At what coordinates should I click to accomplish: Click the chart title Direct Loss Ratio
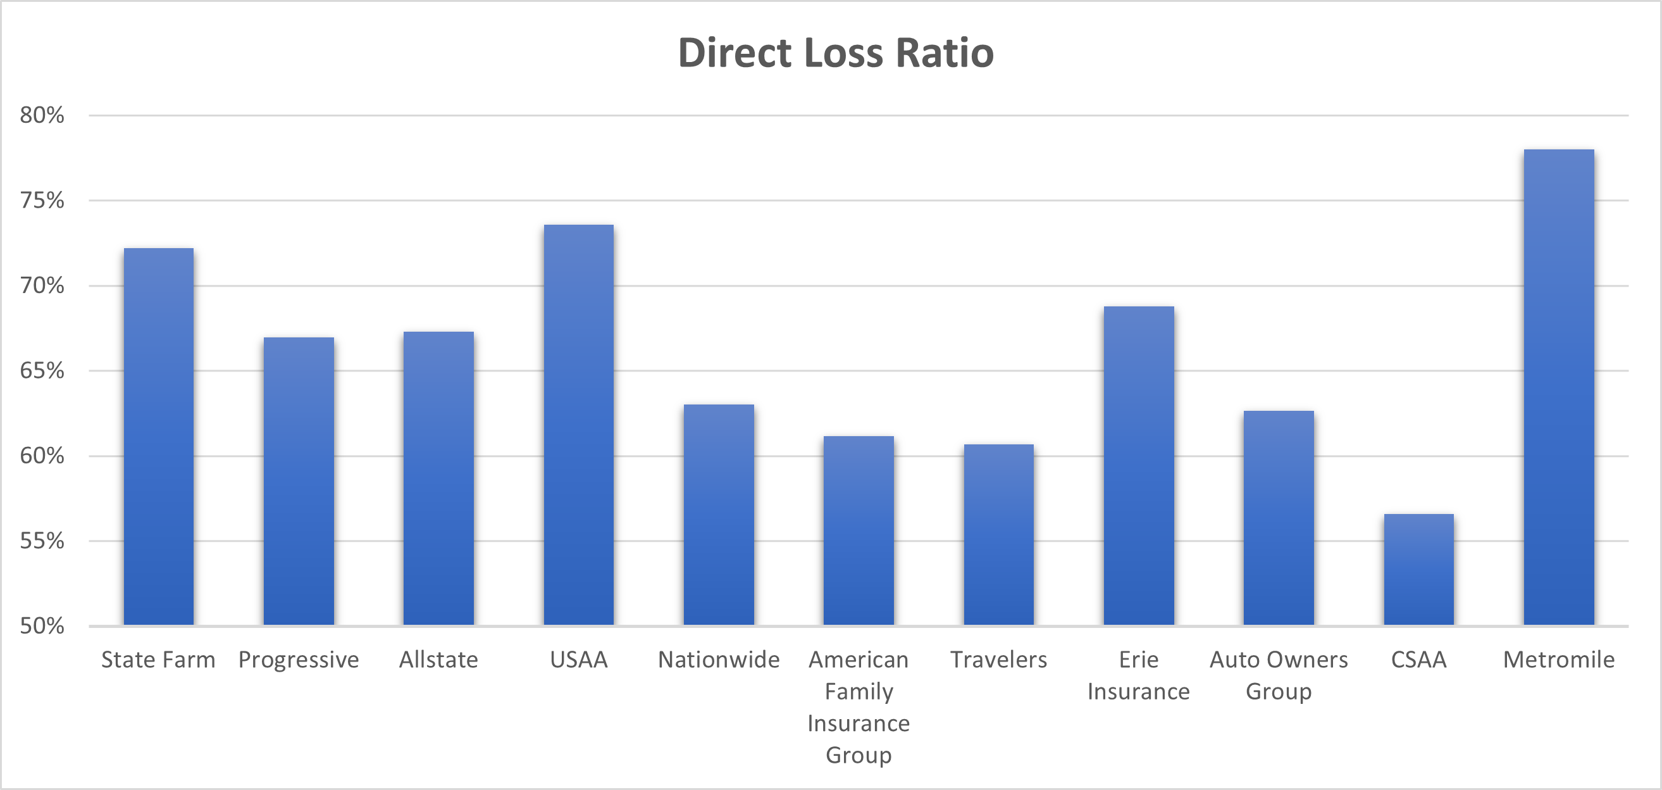click(x=836, y=53)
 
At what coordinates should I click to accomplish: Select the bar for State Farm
click(x=159, y=436)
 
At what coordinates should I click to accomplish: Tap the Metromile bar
click(x=1559, y=387)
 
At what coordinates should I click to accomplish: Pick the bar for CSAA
click(x=1419, y=569)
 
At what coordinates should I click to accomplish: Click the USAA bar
click(x=579, y=425)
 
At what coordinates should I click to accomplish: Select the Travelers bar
click(x=999, y=534)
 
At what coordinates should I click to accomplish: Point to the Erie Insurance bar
click(x=1139, y=465)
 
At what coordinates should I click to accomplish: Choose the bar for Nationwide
click(x=719, y=515)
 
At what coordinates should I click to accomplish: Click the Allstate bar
click(x=438, y=479)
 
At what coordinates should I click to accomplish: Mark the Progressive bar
click(x=299, y=481)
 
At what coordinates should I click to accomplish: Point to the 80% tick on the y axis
click(x=42, y=116)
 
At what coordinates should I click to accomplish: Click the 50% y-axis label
click(x=42, y=626)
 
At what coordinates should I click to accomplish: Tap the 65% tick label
click(x=42, y=370)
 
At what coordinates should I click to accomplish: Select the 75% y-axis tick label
click(x=42, y=201)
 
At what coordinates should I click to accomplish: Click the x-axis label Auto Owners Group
click(x=1279, y=675)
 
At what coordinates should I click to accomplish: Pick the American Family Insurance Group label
click(x=859, y=706)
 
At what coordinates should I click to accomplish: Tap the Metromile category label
click(x=1559, y=660)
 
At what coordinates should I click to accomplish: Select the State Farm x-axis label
click(x=159, y=660)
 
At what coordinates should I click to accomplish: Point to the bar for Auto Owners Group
click(x=1279, y=518)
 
